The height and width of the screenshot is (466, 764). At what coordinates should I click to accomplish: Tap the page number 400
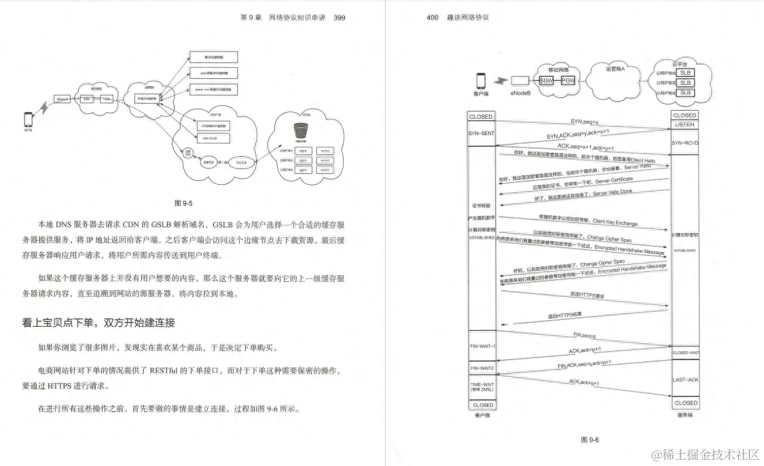tap(433, 17)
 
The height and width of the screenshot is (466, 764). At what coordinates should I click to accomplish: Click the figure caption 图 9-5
tap(184, 202)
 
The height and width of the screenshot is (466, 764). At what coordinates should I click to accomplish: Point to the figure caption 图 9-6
tap(589, 440)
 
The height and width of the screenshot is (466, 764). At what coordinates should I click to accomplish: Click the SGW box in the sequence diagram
tap(546, 81)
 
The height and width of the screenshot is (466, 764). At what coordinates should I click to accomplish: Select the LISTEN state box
tap(685, 125)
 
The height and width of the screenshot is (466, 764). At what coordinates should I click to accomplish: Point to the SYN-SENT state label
tap(481, 133)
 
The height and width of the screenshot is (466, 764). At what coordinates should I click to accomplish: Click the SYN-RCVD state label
tap(685, 143)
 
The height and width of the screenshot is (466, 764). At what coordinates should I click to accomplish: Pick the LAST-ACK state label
tap(685, 380)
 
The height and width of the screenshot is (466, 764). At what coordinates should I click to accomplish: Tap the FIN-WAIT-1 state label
tap(482, 346)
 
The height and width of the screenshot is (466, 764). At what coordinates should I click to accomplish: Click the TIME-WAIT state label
tap(482, 384)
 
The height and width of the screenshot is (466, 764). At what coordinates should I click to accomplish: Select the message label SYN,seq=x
tap(585, 122)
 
